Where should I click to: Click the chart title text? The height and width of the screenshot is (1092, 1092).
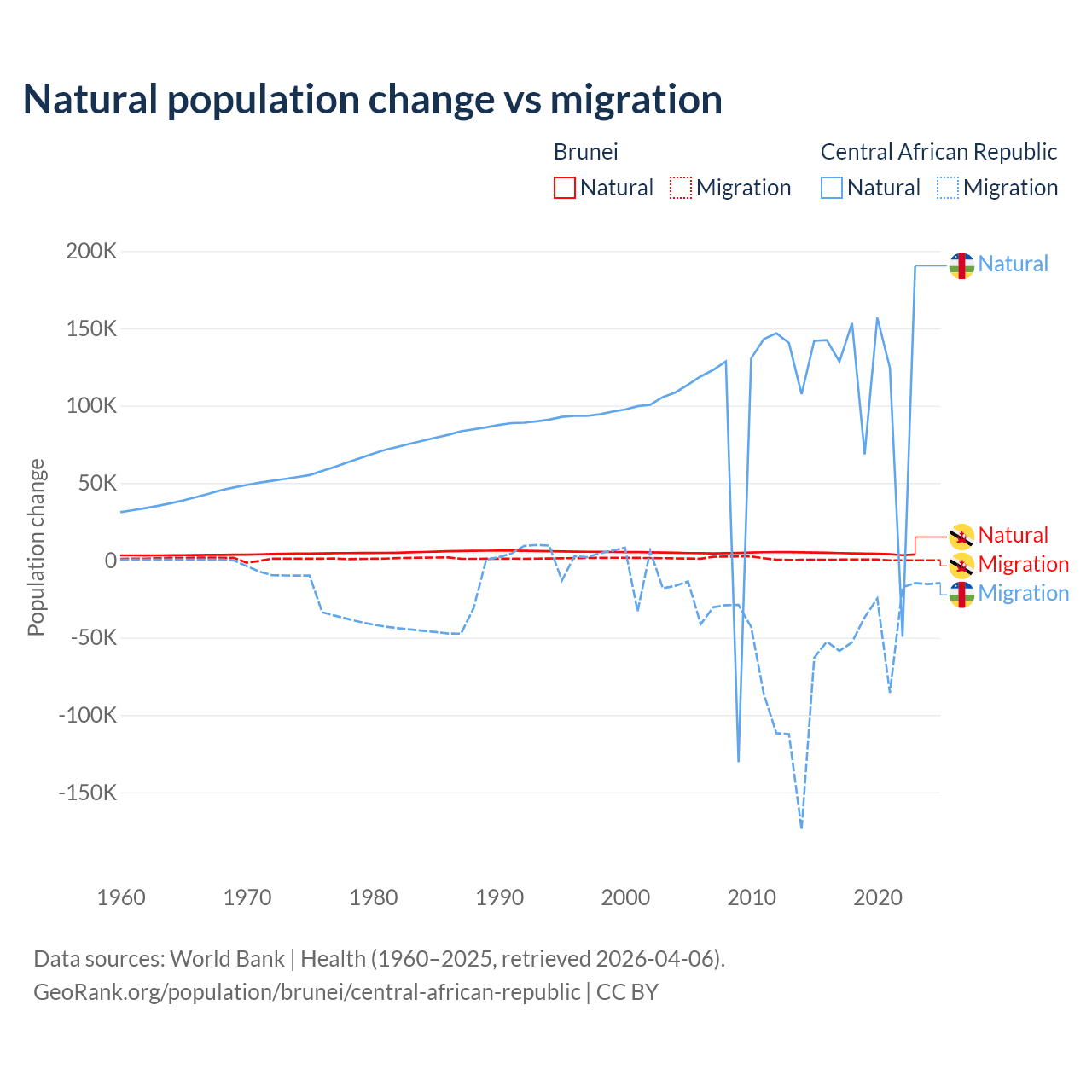point(373,100)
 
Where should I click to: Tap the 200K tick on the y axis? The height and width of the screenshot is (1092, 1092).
point(91,252)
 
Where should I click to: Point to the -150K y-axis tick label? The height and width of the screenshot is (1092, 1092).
point(87,793)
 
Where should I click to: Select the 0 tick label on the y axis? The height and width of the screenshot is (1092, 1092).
point(110,561)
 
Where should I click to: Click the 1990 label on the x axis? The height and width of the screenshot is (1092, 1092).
point(500,897)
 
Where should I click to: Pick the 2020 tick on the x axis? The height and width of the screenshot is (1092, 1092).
point(878,897)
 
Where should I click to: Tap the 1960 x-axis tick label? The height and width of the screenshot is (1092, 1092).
point(122,897)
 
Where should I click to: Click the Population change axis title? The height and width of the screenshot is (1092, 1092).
point(36,547)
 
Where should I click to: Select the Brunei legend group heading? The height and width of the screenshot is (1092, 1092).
point(585,152)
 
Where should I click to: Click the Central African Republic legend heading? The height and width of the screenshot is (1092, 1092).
point(938,152)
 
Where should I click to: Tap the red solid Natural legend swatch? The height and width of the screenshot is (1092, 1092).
point(565,188)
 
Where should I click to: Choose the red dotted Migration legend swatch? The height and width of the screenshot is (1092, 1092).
point(681,188)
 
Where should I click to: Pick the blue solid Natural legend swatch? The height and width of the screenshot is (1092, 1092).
point(832,188)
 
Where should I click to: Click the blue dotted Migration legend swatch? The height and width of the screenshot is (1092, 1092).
point(948,188)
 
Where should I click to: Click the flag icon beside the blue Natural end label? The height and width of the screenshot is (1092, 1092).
point(961,265)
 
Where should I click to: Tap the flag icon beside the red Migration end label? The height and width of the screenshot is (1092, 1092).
point(961,565)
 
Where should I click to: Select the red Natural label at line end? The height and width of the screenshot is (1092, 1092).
point(1013,536)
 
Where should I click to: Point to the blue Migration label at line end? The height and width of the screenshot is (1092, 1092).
point(1023,594)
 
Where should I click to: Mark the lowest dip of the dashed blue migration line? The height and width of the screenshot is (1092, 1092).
point(801,828)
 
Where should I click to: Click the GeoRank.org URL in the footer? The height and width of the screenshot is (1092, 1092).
point(306,992)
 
